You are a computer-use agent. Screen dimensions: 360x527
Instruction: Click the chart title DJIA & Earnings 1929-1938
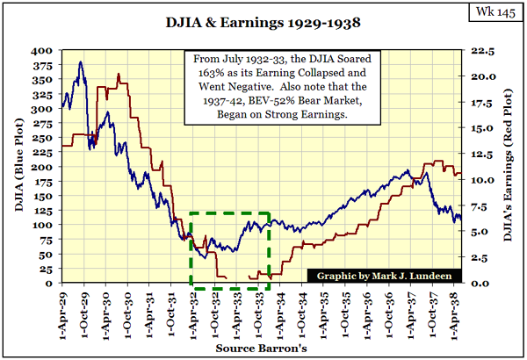[264, 19]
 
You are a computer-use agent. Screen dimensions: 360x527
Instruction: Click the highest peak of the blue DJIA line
[81, 62]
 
